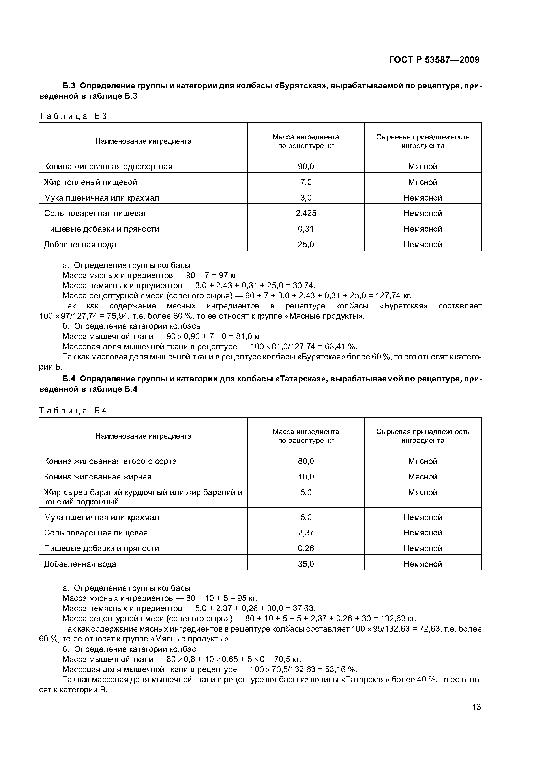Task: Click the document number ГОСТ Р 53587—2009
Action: (x=434, y=60)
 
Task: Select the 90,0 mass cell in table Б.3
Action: (x=306, y=166)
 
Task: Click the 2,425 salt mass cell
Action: (x=306, y=213)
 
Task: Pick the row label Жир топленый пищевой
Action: (x=90, y=182)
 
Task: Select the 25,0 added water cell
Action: (x=306, y=244)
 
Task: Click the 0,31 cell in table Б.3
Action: (x=306, y=229)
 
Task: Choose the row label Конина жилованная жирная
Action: (x=98, y=477)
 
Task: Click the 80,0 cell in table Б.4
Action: (x=306, y=461)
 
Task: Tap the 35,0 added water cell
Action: (x=306, y=564)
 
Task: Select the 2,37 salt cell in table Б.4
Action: (x=306, y=533)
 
